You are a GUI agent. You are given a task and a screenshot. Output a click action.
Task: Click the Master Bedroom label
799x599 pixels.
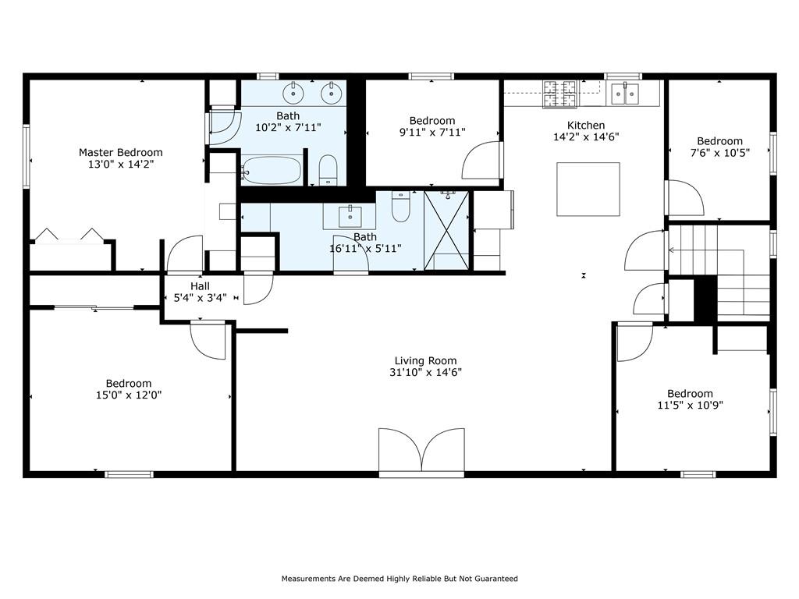[x=121, y=152]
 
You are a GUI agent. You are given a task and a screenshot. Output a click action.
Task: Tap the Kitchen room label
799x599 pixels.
[x=586, y=126]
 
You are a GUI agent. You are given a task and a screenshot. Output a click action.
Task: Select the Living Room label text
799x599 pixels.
[x=425, y=360]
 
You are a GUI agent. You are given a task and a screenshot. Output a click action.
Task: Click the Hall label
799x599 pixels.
[x=200, y=286]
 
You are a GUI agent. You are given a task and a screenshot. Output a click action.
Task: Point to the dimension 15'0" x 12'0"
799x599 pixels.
[x=129, y=395]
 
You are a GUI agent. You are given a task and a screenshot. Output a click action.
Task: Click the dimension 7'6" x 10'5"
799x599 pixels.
[x=719, y=152]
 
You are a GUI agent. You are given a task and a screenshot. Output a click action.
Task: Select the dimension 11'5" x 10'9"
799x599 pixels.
[x=690, y=406]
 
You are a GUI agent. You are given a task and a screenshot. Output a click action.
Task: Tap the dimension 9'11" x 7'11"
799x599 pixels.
[x=432, y=133]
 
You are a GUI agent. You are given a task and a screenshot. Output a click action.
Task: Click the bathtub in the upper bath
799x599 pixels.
[x=271, y=170]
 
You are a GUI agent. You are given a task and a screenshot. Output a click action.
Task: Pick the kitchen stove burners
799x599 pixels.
[x=559, y=94]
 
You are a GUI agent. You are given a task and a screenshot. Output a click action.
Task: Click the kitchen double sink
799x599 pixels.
[x=625, y=94]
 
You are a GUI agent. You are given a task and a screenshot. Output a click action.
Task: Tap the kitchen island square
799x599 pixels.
[x=588, y=190]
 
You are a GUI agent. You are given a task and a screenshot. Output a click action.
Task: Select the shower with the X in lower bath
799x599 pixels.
[x=446, y=230]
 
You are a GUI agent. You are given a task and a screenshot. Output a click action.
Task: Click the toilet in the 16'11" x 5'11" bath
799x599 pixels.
[x=400, y=206]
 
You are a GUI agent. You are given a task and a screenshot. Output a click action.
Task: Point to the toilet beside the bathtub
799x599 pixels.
[x=328, y=170]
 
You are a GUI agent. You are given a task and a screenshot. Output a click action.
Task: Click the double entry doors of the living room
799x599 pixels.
[x=421, y=451]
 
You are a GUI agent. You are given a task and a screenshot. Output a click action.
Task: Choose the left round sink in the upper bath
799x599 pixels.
[x=293, y=92]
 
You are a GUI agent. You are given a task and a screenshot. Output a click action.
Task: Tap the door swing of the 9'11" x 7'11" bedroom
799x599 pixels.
[x=481, y=160]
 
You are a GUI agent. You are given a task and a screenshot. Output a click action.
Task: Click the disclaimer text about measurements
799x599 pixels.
[x=399, y=579]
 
